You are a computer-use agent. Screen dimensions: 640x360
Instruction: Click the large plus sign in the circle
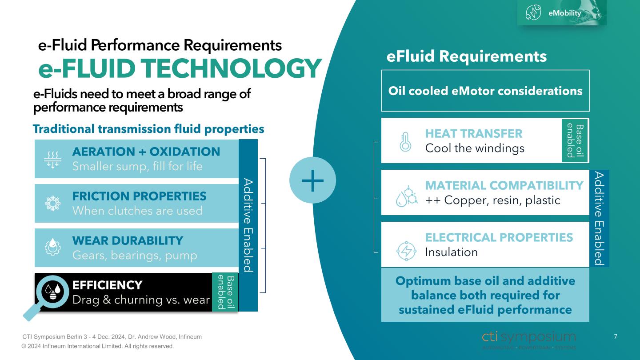[x=312, y=180]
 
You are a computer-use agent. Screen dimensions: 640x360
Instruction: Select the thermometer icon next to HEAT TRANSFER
[x=405, y=142]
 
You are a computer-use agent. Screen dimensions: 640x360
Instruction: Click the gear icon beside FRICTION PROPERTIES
[x=52, y=204]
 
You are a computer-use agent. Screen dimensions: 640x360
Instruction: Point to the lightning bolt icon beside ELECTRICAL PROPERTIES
[x=406, y=251]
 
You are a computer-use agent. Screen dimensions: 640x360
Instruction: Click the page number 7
[x=616, y=337]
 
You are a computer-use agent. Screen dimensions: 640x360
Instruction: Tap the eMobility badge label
[x=564, y=13]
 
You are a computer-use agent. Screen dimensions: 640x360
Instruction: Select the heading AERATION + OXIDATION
[x=146, y=152]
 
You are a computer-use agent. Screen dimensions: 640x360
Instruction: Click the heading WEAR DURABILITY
[x=128, y=241]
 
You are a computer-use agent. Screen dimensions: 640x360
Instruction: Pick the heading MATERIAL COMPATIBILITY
[x=504, y=185]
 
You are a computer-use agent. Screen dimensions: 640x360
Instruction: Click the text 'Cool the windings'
[x=475, y=148]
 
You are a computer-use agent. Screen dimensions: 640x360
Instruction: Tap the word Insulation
[x=451, y=252]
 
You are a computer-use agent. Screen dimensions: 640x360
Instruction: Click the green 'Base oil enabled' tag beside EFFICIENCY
[x=225, y=292]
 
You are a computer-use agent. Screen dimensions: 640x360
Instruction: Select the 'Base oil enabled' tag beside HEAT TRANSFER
[x=575, y=140]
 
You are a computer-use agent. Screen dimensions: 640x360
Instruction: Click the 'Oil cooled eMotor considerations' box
[x=485, y=91]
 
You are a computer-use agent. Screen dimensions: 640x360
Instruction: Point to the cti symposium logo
[x=528, y=340]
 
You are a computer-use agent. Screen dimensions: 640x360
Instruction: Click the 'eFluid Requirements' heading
[x=467, y=56]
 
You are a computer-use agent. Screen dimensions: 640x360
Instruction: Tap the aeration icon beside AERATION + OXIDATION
[x=52, y=159]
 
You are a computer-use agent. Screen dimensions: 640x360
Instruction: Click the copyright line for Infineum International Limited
[x=97, y=346]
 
